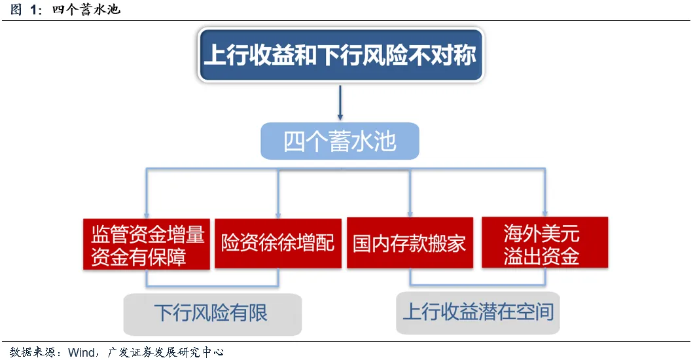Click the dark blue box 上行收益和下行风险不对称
pos(340,54)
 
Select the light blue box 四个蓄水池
pos(340,141)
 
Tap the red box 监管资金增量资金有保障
pos(147,244)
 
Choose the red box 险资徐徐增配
pos(278,243)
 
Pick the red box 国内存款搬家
pos(410,243)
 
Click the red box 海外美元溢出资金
pos(544,243)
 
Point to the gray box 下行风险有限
pos(212,313)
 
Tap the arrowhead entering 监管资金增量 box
pos(146,214)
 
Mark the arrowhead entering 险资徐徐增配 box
pos(279,214)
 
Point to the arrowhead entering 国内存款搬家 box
pos(410,214)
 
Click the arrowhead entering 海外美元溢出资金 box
pos(544,213)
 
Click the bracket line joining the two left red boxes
pos(212,287)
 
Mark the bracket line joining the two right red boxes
pos(478,285)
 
